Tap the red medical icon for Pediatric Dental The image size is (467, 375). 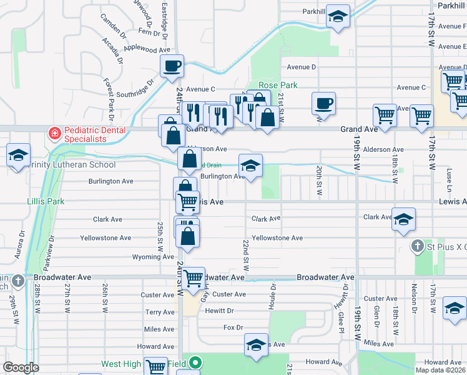pyautogui.click(x=55, y=134)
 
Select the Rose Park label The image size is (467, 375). pyautogui.click(x=278, y=85)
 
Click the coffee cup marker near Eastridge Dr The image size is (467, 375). pyautogui.click(x=172, y=66)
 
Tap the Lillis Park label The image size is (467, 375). pyautogui.click(x=46, y=202)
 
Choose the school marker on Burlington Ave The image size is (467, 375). pyautogui.click(x=251, y=166)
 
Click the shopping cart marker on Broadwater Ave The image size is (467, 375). pyautogui.click(x=194, y=277)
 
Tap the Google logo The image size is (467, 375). pyautogui.click(x=21, y=367)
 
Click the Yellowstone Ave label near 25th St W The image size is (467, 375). pyautogui.click(x=106, y=238)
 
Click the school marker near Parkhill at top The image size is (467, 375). pyautogui.click(x=338, y=17)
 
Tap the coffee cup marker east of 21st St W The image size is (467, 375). pyautogui.click(x=323, y=104)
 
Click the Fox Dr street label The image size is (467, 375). pyautogui.click(x=232, y=327)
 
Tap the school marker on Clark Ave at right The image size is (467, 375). pyautogui.click(x=404, y=220)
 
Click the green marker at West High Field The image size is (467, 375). pyautogui.click(x=195, y=362)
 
